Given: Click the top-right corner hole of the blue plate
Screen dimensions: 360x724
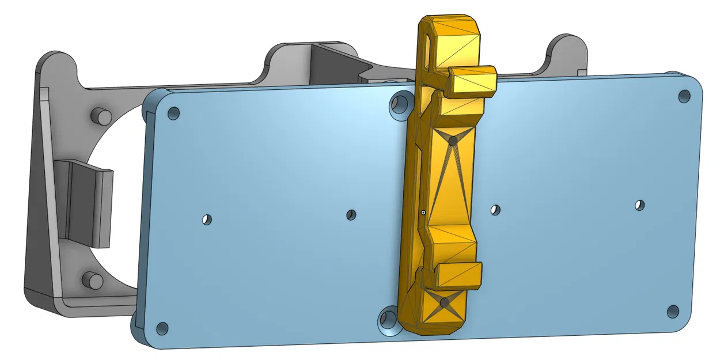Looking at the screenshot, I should click(684, 96).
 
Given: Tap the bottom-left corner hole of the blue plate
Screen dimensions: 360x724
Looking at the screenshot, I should click(162, 328).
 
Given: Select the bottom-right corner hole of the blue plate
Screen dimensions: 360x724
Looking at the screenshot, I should click(673, 312).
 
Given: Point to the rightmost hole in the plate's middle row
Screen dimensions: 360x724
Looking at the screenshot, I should click(639, 205).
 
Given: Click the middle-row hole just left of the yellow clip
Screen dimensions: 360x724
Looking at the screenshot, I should click(351, 214).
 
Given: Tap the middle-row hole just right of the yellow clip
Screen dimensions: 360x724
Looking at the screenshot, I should click(495, 210).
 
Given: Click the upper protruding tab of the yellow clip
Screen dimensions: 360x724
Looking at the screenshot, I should click(472, 81).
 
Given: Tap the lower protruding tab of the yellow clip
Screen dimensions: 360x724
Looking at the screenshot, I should click(458, 275).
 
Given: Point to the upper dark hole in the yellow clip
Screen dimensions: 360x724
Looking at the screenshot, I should click(453, 140).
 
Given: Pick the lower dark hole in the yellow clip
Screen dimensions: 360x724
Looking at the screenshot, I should click(444, 302).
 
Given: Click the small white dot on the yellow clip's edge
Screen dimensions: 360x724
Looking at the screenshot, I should click(423, 213).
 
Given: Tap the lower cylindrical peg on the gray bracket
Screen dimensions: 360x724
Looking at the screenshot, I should click(92, 281).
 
